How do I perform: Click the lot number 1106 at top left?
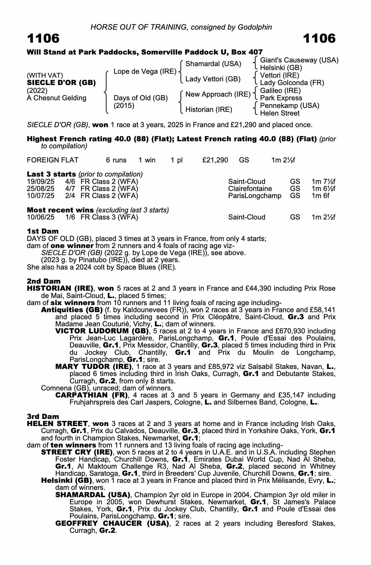click(43, 38)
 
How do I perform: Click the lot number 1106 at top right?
click(319, 38)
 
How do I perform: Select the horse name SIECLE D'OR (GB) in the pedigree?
click(61, 83)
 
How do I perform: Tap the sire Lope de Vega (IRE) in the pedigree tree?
click(145, 71)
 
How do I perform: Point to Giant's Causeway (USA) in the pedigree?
click(299, 60)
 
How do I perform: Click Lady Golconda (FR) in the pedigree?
click(292, 83)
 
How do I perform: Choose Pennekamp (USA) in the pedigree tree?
click(289, 106)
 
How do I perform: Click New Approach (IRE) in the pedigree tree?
click(218, 94)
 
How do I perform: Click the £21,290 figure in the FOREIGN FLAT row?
click(215, 160)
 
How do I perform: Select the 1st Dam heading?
click(43, 231)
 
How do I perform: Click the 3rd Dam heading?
click(43, 416)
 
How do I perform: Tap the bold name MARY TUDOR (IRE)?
click(94, 367)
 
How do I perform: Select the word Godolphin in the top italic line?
click(255, 27)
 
